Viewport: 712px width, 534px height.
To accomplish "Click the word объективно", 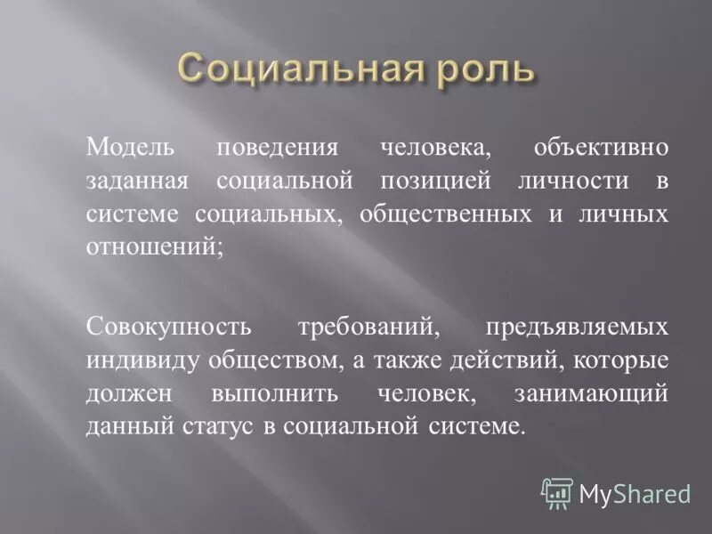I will [x=600, y=147].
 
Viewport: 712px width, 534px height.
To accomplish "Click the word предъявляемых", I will [x=577, y=326].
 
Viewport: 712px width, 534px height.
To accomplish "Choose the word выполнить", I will [x=267, y=393].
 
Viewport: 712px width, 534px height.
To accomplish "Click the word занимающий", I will [x=590, y=393].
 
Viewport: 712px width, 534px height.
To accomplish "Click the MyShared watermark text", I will [x=635, y=492].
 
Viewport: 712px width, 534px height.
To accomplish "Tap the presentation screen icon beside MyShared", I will [x=557, y=492].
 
